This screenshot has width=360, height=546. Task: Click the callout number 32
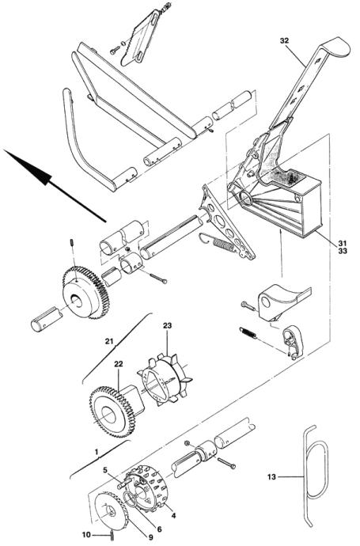pyautogui.click(x=284, y=40)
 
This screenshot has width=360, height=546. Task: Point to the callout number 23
pyautogui.click(x=168, y=325)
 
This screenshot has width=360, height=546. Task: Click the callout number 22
pyautogui.click(x=119, y=364)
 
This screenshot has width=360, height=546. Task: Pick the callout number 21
pyautogui.click(x=110, y=342)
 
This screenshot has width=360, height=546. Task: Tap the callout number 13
pyautogui.click(x=271, y=476)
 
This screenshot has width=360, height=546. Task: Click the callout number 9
pyautogui.click(x=151, y=537)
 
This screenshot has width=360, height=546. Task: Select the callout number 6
pyautogui.click(x=160, y=529)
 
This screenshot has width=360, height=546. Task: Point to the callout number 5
pyautogui.click(x=105, y=470)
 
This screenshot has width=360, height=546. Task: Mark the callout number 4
pyautogui.click(x=173, y=515)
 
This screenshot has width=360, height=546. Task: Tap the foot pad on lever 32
pyautogui.click(x=335, y=47)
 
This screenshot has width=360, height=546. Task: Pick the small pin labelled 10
pyautogui.click(x=112, y=534)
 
